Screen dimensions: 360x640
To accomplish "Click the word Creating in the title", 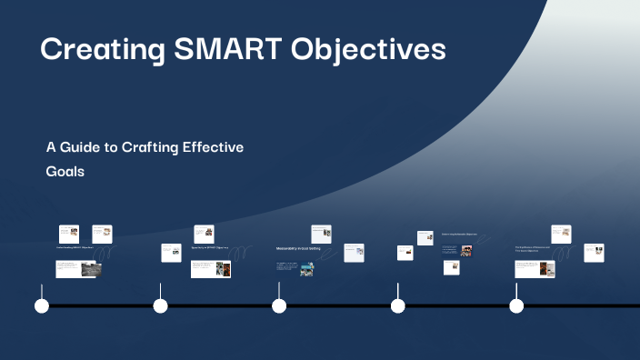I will coord(98,49).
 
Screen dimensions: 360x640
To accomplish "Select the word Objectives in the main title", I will coord(369,49).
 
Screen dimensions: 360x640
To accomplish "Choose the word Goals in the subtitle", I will coord(65,171).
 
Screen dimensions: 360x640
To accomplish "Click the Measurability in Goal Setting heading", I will coord(298,248).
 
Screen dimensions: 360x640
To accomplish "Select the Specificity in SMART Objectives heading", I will coord(209,247).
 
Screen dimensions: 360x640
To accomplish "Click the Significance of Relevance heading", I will coord(535,247).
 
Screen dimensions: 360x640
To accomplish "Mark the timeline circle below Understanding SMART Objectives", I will coord(42,306).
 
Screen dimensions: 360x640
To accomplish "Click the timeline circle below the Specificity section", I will coord(161,306).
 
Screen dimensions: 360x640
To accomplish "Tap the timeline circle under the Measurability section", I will coord(279,306).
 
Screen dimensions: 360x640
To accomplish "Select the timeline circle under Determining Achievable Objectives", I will coord(397,306).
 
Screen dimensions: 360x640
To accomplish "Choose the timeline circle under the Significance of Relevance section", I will coord(516,306).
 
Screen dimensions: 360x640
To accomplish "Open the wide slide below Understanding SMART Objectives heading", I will coord(75,268).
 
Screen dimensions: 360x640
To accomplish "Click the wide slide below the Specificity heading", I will coord(210,269).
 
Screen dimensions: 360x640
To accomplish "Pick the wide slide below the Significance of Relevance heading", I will coord(535,268).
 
